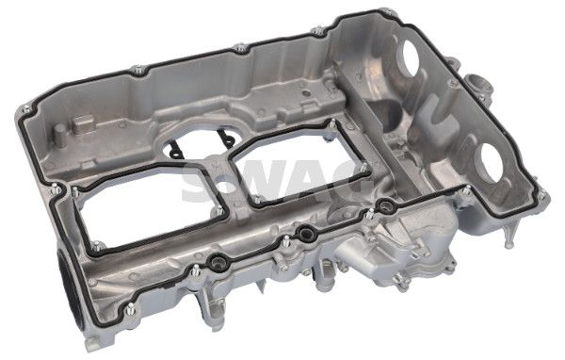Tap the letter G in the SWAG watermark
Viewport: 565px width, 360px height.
(348, 180)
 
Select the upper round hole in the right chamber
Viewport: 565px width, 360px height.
(410, 57)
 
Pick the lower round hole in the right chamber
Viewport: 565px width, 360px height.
(491, 163)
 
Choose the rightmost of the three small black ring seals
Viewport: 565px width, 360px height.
(386, 206)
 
